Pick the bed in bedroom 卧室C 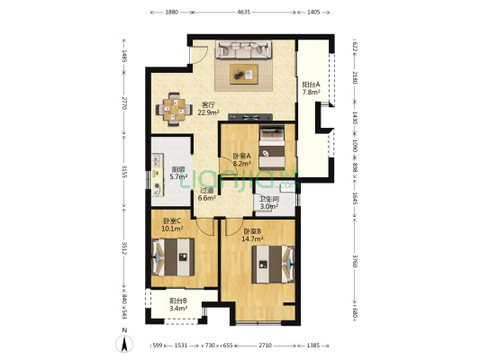(x=173, y=259)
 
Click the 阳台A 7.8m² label (x=312, y=88)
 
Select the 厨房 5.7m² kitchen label (x=180, y=173)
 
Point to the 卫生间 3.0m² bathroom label (x=268, y=203)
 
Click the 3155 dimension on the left (x=125, y=171)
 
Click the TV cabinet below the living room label (x=248, y=116)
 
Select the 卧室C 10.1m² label (x=173, y=225)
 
